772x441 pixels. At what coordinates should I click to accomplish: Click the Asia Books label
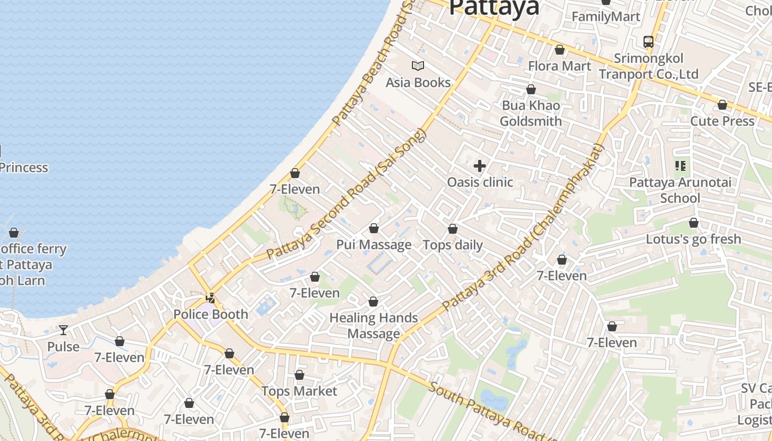click(418, 83)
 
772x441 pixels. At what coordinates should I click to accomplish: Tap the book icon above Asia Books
click(418, 66)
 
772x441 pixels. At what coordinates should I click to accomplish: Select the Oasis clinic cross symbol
click(480, 165)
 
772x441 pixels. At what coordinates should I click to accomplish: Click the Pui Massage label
click(374, 245)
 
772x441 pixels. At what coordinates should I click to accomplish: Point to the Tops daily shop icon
click(453, 229)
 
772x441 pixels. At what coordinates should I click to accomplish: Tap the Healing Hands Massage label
click(374, 326)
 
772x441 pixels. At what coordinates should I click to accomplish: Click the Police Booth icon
click(210, 298)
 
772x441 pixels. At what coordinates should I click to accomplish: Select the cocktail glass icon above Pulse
click(63, 330)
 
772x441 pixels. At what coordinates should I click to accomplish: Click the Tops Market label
click(299, 391)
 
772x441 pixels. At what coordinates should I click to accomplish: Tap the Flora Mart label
click(560, 66)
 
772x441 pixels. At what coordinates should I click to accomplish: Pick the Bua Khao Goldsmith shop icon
click(531, 89)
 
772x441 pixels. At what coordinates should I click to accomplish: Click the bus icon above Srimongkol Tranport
click(648, 41)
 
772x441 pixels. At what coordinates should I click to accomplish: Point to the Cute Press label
click(722, 121)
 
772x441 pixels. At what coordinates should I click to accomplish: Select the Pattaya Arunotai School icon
click(680, 165)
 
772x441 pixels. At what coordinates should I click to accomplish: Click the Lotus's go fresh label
click(694, 239)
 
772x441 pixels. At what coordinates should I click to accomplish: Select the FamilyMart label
click(606, 17)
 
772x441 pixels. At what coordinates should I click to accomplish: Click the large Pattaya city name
click(494, 8)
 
